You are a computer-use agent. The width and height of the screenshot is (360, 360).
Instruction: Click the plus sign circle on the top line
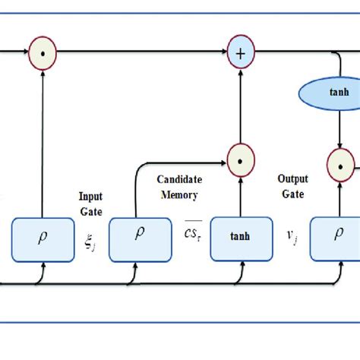240,53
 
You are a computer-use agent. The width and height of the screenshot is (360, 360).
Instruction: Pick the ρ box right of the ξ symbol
140,235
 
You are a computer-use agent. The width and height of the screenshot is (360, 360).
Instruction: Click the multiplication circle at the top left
43,53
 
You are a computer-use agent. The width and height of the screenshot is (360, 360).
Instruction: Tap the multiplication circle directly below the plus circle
240,160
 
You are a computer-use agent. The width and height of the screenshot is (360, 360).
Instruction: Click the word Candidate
178,180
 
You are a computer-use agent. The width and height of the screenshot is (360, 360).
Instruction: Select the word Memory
178,195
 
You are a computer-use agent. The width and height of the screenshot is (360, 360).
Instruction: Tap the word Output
292,180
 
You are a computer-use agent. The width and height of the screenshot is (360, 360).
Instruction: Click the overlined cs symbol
185,232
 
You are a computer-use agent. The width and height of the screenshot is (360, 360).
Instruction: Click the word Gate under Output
292,195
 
